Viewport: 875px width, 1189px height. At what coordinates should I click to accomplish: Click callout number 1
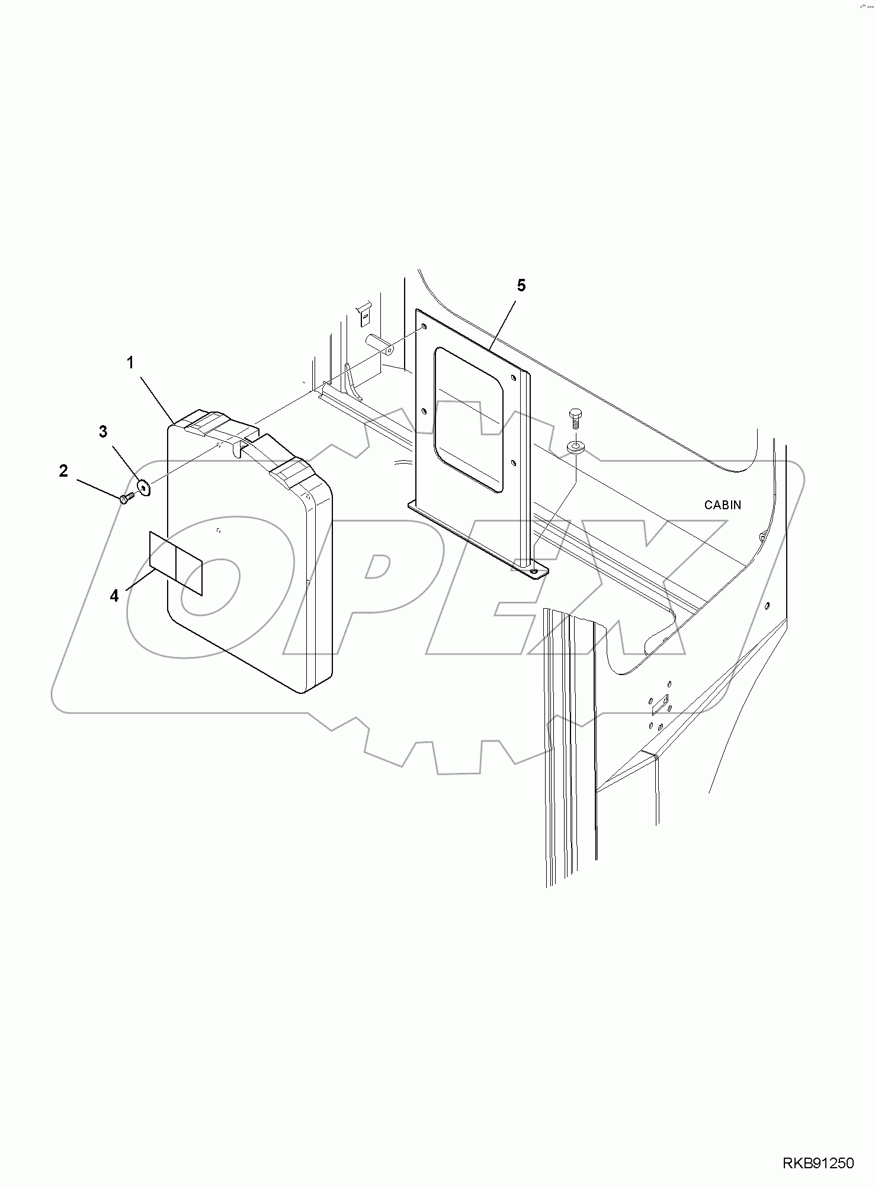[x=130, y=363]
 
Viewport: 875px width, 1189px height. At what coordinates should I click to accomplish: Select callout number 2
[x=63, y=471]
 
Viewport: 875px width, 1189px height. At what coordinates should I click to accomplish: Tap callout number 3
[x=103, y=432]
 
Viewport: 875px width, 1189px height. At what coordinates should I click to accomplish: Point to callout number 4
[x=114, y=596]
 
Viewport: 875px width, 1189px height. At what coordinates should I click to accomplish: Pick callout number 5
[x=521, y=285]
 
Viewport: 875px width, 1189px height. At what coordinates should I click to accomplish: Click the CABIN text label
[x=722, y=505]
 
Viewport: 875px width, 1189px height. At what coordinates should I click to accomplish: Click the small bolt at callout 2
[x=126, y=499]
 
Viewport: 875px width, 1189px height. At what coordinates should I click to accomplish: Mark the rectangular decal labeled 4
[x=176, y=563]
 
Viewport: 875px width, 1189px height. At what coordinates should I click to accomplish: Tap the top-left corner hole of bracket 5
[x=423, y=326]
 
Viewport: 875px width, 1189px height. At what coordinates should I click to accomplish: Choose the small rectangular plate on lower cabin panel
[x=659, y=705]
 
